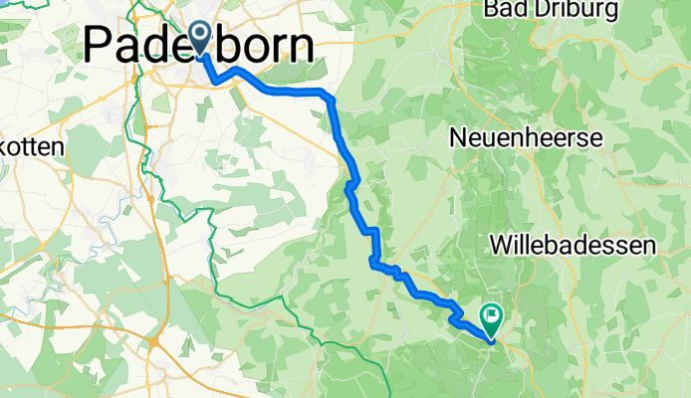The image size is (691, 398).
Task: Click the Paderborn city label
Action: click(199, 46)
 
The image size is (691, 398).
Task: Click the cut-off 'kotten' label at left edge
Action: click(32, 146)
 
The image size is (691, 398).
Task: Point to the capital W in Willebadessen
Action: click(503, 244)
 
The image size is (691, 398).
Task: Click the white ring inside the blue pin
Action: click(199, 35)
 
